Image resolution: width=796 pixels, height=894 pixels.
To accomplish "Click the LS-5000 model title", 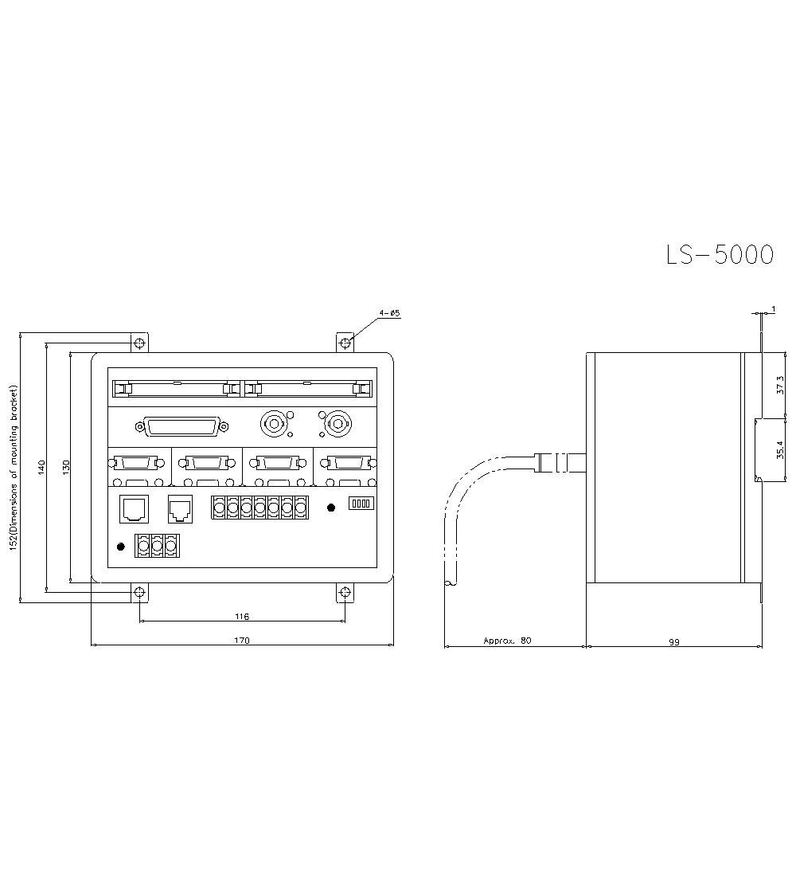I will tap(719, 254).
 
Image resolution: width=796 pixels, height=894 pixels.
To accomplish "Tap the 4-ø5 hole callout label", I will tap(390, 314).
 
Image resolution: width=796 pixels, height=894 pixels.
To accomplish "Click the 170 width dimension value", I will tap(242, 640).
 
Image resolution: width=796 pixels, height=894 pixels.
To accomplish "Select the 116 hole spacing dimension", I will tap(242, 617).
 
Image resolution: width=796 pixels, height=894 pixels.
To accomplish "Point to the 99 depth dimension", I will tap(674, 641).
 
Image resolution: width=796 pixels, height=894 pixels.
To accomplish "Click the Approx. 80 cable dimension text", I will tap(507, 641).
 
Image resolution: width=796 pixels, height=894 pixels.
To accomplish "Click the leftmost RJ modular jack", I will tap(131, 508).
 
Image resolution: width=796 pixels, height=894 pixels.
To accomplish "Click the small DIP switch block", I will tap(362, 504).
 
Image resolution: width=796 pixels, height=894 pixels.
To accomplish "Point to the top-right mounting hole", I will tap(345, 343).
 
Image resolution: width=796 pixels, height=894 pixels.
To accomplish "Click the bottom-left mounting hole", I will tap(139, 592).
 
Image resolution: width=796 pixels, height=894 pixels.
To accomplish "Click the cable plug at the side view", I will tap(560, 461).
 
